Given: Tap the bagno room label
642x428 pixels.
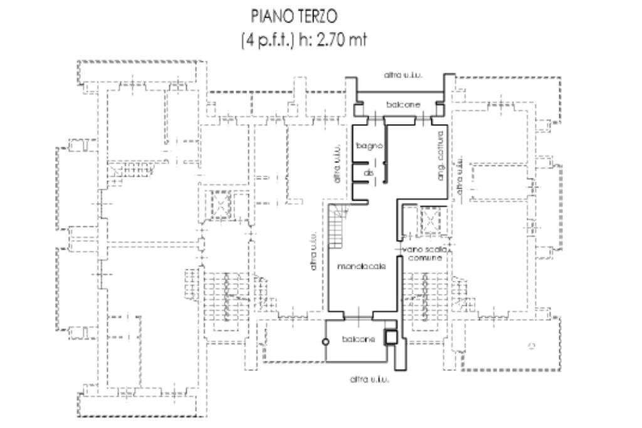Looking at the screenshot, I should coord(365,146).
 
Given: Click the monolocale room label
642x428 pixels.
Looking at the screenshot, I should coord(360,266).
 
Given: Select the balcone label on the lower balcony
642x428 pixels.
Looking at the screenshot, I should coord(359,339).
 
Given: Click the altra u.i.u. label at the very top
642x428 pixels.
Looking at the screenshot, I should coord(403,75).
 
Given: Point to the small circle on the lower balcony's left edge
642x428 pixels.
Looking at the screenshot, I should coord(325,342).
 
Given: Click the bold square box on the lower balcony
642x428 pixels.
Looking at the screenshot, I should coord(390,337).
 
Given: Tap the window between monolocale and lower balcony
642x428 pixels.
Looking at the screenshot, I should coord(357,317).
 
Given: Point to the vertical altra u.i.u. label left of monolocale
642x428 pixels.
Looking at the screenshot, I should coord(313,253).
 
